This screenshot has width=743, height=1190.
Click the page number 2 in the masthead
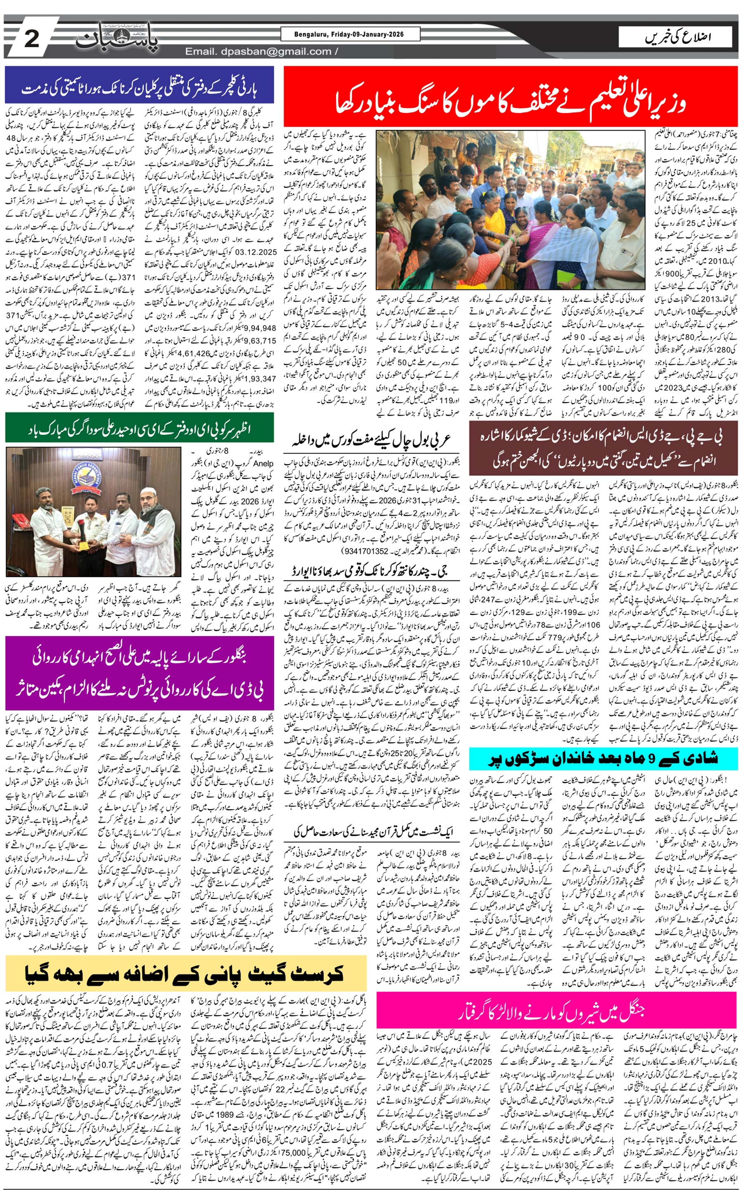pos(31,38)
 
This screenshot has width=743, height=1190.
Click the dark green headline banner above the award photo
pos(140,428)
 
